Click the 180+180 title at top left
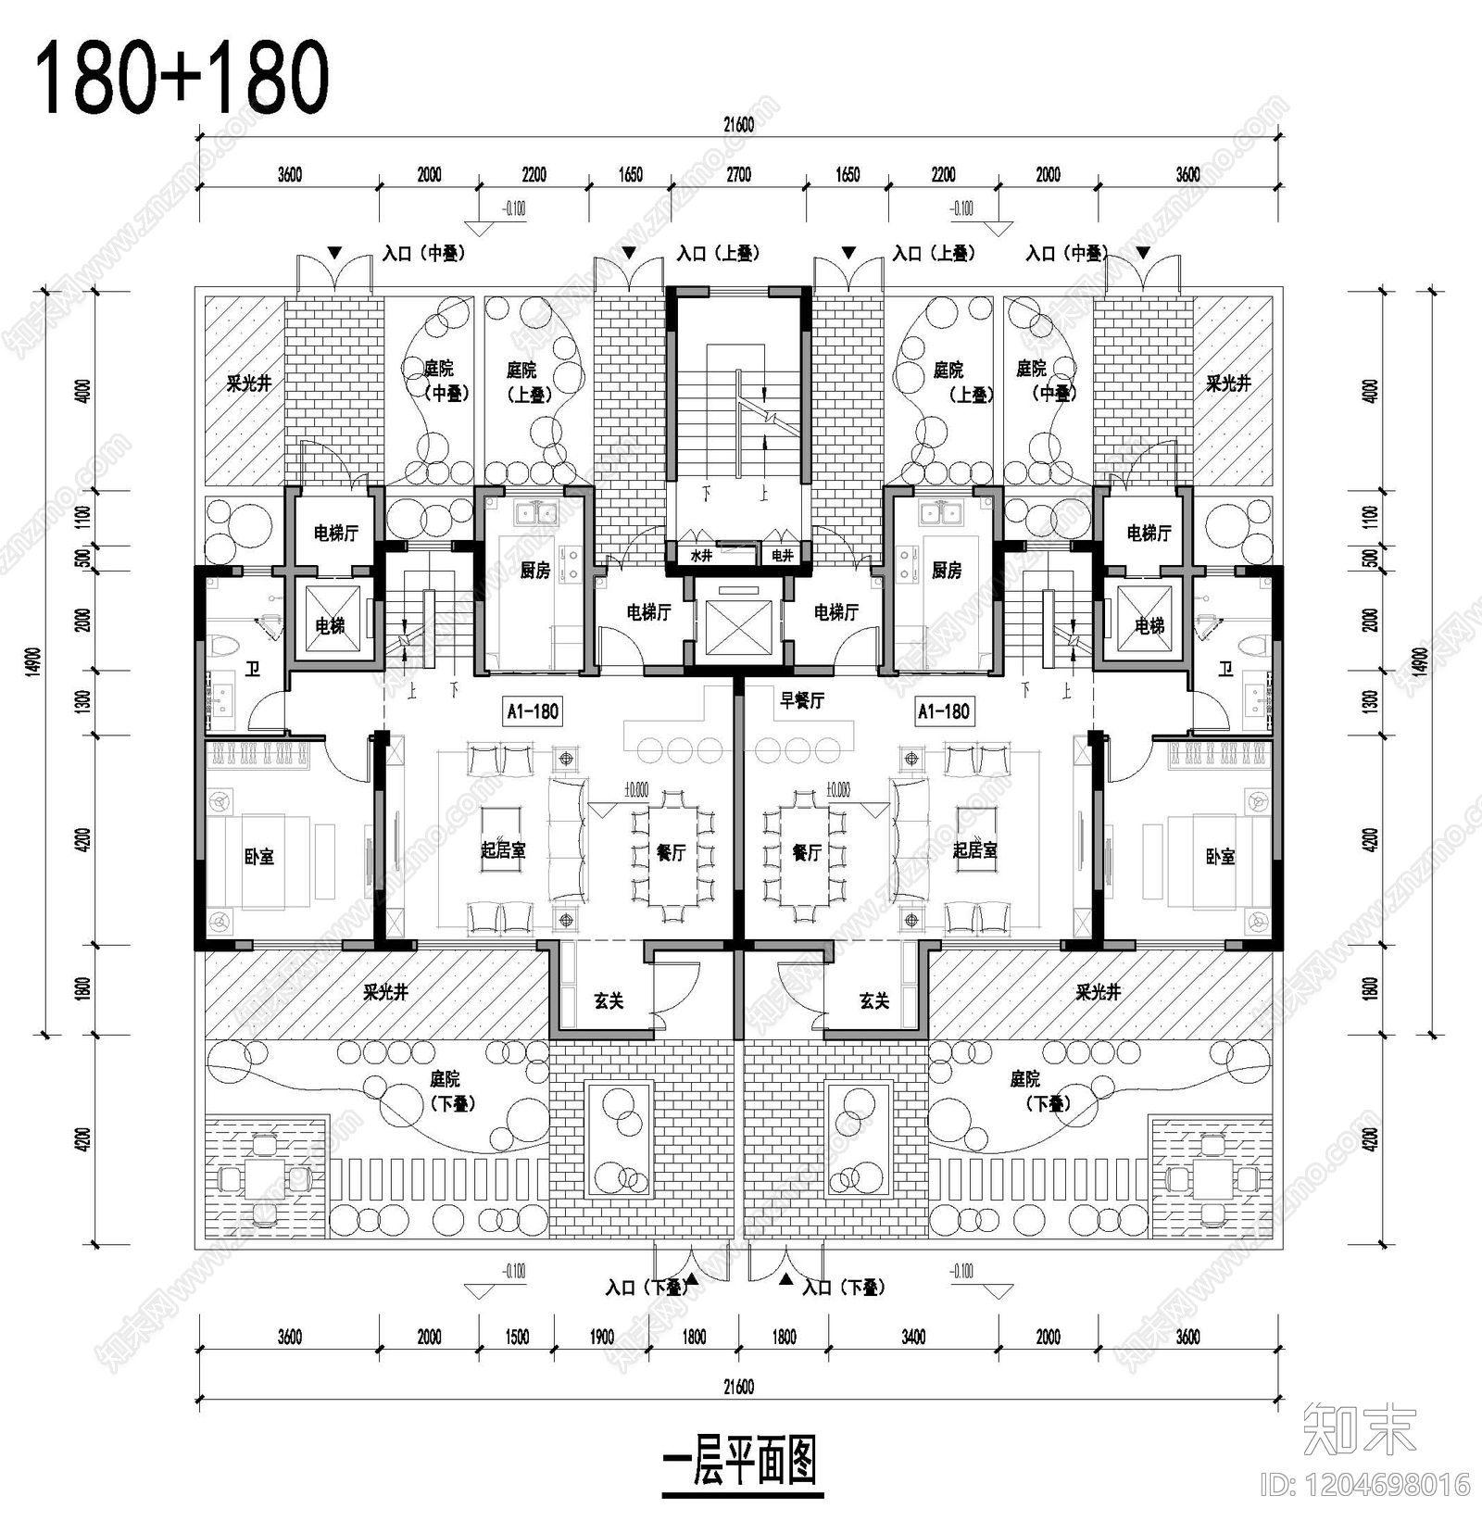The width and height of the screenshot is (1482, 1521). click(182, 78)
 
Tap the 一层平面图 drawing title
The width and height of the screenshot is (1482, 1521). click(741, 1462)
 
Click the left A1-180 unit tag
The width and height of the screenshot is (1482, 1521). click(533, 711)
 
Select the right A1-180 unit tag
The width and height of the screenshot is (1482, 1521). click(943, 711)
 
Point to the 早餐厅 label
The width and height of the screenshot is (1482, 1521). click(801, 701)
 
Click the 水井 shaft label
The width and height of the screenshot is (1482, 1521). click(701, 556)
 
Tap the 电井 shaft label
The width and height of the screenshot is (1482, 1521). click(782, 556)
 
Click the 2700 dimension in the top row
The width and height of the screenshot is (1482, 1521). click(738, 174)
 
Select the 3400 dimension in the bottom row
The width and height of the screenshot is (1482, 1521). click(913, 1337)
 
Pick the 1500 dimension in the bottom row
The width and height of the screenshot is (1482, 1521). click(517, 1337)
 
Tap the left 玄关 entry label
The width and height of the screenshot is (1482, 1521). click(609, 1000)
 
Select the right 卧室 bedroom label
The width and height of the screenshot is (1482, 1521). click(1220, 857)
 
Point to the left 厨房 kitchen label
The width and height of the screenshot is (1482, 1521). click(534, 571)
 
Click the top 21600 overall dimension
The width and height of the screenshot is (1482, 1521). click(738, 125)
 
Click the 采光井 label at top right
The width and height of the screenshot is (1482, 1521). click(1228, 383)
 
